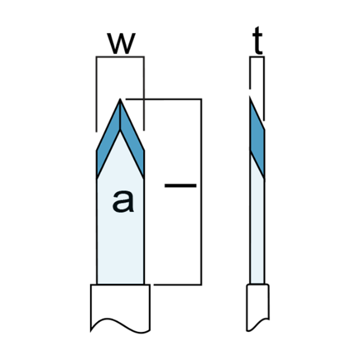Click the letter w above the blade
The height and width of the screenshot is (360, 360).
click(121, 43)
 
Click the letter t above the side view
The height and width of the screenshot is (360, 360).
click(257, 40)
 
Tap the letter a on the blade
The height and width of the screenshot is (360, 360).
click(123, 201)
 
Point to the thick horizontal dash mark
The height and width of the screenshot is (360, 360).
click(180, 185)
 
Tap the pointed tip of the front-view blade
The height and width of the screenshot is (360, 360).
click(120, 99)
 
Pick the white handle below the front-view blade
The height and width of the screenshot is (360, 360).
click(120, 305)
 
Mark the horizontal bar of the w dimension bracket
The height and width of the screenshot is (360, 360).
click(120, 56)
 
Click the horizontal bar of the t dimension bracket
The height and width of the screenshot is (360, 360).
click(257, 56)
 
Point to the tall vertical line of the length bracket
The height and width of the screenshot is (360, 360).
click(202, 192)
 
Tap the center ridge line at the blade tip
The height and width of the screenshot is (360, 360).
click(120, 115)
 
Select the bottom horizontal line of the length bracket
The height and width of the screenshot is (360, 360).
click(178, 285)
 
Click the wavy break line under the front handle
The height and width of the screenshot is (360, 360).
click(120, 325)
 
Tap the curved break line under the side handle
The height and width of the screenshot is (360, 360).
click(257, 325)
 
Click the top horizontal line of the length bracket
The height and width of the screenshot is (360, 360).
click(164, 99)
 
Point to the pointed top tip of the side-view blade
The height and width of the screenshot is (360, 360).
click(250, 97)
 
